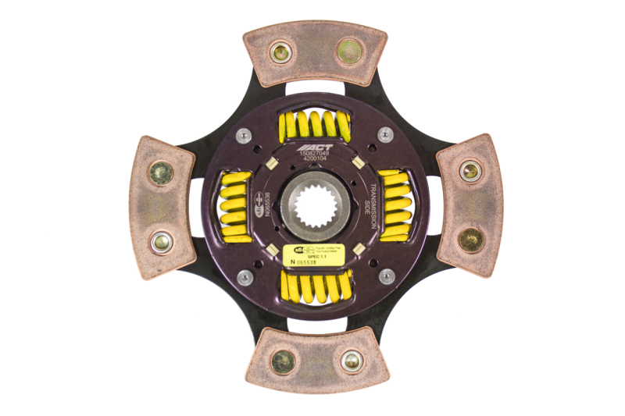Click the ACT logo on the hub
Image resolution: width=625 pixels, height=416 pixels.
coord(315,147)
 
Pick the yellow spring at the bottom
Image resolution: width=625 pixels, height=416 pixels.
coord(315,287)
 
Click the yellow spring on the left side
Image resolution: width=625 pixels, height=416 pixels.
coord(234,205)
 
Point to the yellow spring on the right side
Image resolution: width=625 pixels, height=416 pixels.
coord(395,205)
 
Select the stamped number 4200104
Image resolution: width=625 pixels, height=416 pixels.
coord(315,162)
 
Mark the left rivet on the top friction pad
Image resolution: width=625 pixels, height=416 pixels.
coord(280,52)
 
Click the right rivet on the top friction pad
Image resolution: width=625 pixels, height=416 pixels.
coord(349,52)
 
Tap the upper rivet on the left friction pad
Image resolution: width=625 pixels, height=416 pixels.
coord(161,172)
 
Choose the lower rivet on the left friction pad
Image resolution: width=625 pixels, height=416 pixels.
coord(161,241)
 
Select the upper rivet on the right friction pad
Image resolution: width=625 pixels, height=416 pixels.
coord(470,171)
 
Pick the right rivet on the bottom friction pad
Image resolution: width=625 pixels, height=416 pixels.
coord(351,361)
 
